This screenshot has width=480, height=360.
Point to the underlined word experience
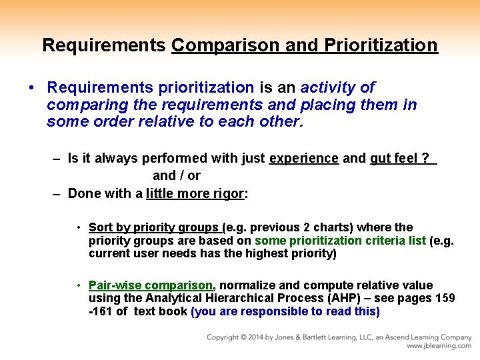point(303,159)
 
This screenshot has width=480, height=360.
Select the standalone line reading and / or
point(177,176)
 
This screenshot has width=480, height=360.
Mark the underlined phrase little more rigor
point(195,194)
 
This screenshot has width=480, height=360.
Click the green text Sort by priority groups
point(153,227)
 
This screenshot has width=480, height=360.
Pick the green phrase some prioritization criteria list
point(340,241)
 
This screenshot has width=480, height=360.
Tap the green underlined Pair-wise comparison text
point(151,285)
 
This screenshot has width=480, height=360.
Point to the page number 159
point(445,299)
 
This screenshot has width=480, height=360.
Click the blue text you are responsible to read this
point(285,312)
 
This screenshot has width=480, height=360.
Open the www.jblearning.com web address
point(439,347)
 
